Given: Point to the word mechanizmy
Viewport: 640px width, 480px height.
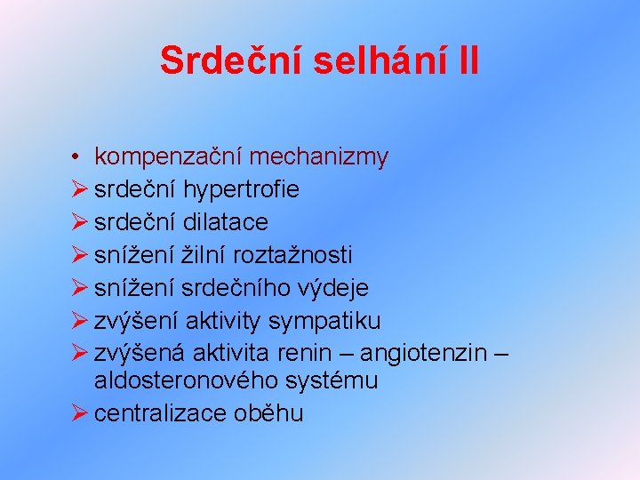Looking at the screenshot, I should [319, 157].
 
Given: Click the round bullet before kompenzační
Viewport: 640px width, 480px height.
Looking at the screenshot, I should [79, 158].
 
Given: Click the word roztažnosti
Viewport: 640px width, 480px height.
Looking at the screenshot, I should [292, 255].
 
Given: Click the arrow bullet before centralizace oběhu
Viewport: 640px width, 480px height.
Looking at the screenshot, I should [80, 413].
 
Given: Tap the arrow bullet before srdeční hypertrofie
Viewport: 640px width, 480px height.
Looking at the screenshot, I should [80, 189].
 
